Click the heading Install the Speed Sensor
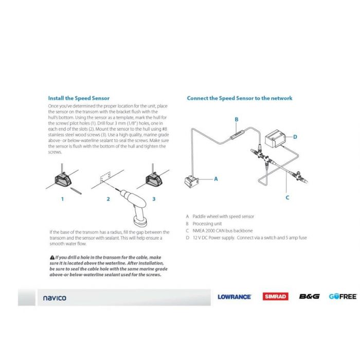point(79,98)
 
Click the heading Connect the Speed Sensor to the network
point(239,98)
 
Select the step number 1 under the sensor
point(62,199)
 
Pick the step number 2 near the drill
point(108,199)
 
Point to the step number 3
point(153,199)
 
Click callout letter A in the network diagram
point(216,179)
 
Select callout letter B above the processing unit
point(236,119)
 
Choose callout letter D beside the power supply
point(295,137)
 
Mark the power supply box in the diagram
point(277,139)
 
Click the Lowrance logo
point(234,297)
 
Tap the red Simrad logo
point(276,297)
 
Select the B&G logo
point(309,297)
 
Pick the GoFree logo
point(343,297)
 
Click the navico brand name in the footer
point(55,298)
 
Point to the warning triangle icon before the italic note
point(52,257)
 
